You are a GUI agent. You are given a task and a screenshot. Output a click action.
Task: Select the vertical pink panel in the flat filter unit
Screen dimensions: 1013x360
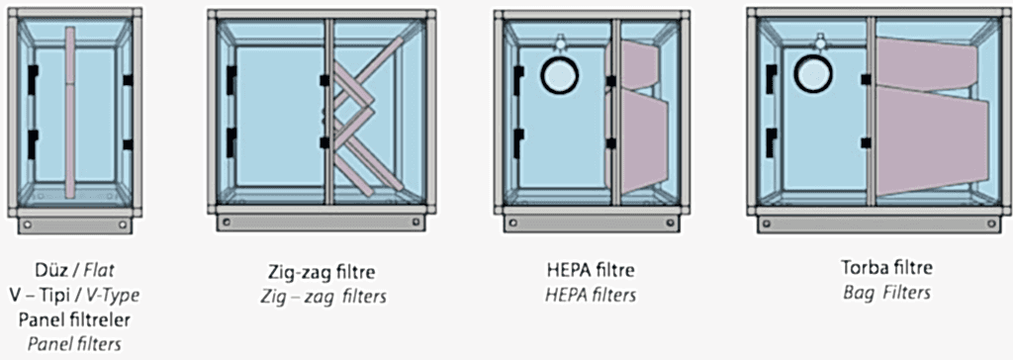[x=70, y=111]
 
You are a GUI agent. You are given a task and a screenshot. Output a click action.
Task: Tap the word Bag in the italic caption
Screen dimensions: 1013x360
[x=856, y=293]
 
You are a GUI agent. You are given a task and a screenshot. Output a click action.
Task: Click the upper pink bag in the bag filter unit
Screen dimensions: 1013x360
[x=926, y=64]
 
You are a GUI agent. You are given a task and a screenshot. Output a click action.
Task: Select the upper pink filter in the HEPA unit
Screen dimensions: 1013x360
[x=640, y=64]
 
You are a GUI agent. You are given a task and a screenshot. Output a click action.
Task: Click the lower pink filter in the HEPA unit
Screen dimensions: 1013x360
[x=644, y=140]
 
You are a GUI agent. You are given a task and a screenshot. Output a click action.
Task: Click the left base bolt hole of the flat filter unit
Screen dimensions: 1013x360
[x=29, y=225]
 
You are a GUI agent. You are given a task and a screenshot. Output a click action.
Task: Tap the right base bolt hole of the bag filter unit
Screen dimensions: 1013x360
[x=991, y=224]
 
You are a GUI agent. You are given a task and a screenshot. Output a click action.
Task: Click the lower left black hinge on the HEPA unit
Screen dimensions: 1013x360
[x=517, y=143]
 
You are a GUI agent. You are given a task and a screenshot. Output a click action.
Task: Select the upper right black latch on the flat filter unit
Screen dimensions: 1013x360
[x=128, y=79]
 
